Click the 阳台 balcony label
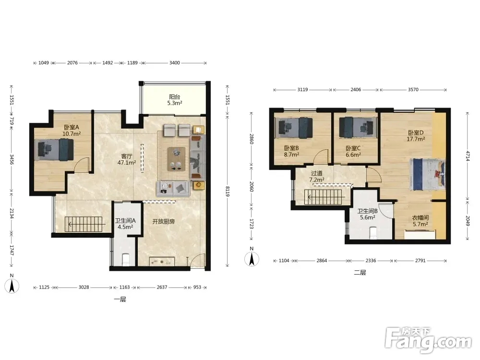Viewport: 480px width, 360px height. tap(175, 97)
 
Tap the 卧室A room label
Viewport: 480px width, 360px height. tap(72, 127)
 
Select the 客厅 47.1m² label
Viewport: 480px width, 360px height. tap(127, 159)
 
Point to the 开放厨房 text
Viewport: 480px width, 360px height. tap(164, 221)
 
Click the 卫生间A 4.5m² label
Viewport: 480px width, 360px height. tap(125, 224)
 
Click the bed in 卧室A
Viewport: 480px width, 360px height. tap(54, 149)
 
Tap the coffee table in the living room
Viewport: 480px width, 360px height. tap(176, 159)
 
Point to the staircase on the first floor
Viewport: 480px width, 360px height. tap(84, 224)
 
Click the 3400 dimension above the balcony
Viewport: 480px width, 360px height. tap(175, 63)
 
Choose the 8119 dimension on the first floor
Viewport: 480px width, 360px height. tap(228, 192)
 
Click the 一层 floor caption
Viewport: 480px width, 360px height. tap(120, 300)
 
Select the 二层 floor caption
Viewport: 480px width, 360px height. tap(360, 273)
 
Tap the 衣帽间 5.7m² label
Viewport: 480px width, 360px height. tap(420, 221)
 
